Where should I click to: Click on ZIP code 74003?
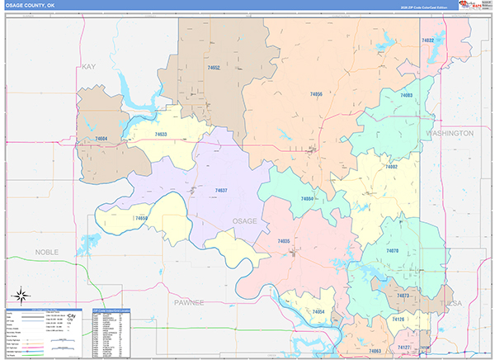click(x=406, y=96)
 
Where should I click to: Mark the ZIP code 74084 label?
click(x=307, y=199)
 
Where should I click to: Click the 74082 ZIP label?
click(x=391, y=167)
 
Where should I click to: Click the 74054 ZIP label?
click(x=318, y=311)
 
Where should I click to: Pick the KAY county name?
click(x=89, y=66)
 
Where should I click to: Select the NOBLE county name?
click(x=48, y=250)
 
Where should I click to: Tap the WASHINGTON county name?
click(x=450, y=132)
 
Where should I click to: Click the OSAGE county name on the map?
click(x=244, y=221)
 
